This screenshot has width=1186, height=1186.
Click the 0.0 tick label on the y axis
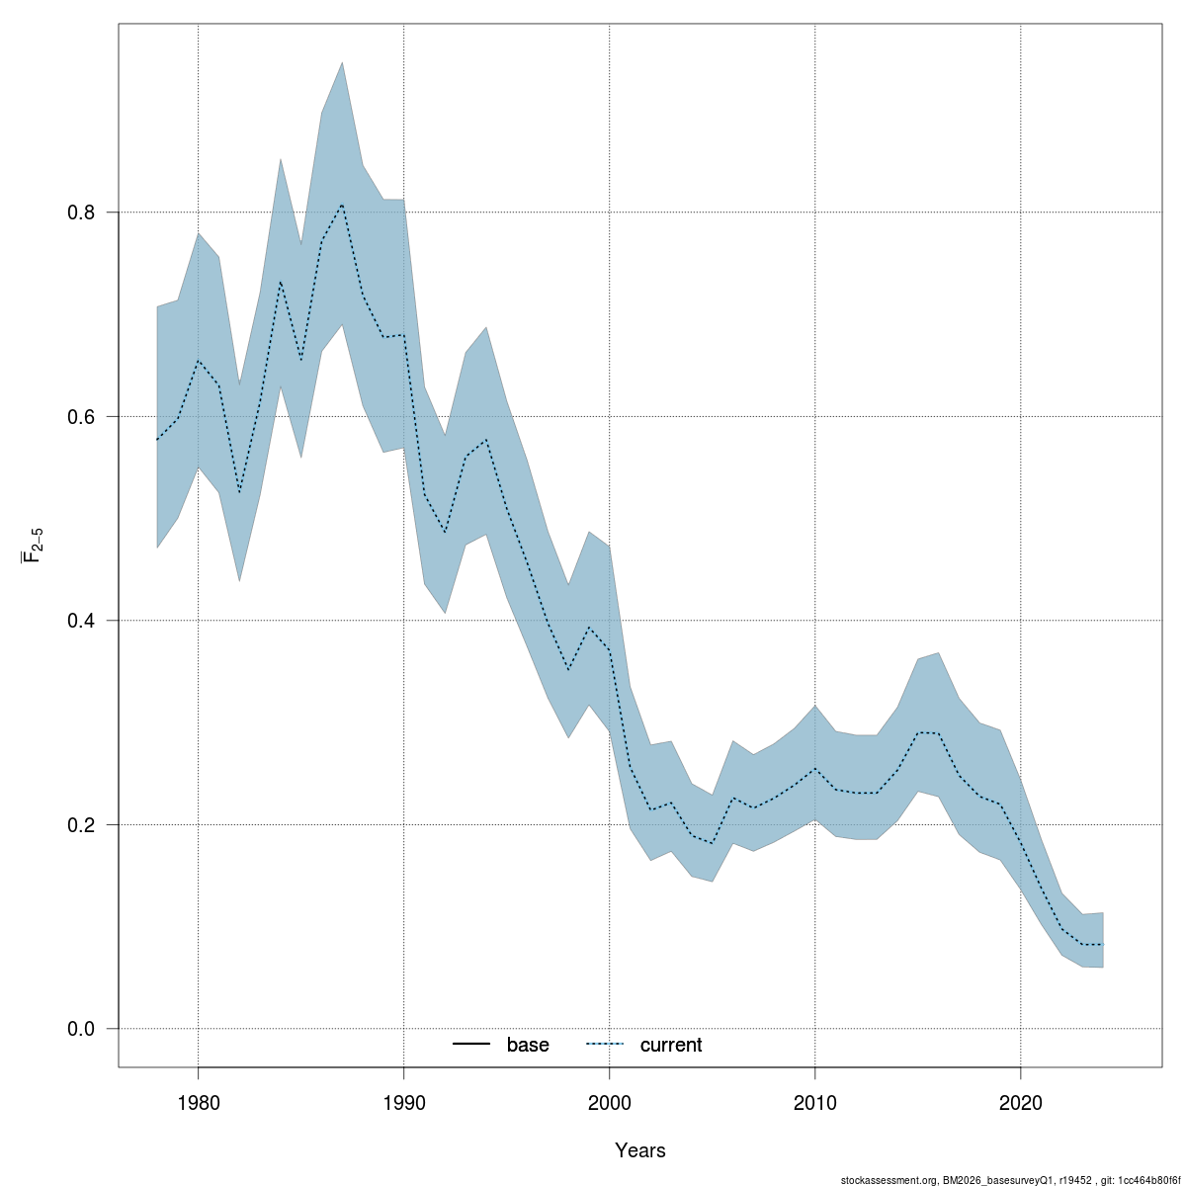[80, 1029]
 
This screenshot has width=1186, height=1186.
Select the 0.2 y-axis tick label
[80, 824]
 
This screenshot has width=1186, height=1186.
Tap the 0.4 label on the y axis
[80, 621]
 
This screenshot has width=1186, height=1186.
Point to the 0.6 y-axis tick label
[80, 416]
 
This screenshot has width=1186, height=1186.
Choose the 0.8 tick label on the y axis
[80, 212]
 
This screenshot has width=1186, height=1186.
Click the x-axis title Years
[640, 1150]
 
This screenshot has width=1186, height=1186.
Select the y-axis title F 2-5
[32, 544]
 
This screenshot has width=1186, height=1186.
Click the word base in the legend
[528, 1045]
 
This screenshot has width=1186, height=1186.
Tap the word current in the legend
[671, 1045]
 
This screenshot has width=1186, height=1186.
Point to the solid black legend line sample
[472, 1045]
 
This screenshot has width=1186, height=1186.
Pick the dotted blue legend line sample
[606, 1045]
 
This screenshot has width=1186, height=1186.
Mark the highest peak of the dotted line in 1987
[342, 205]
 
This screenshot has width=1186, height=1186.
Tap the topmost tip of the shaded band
[342, 62]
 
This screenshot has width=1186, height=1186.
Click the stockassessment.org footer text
[1009, 1179]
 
